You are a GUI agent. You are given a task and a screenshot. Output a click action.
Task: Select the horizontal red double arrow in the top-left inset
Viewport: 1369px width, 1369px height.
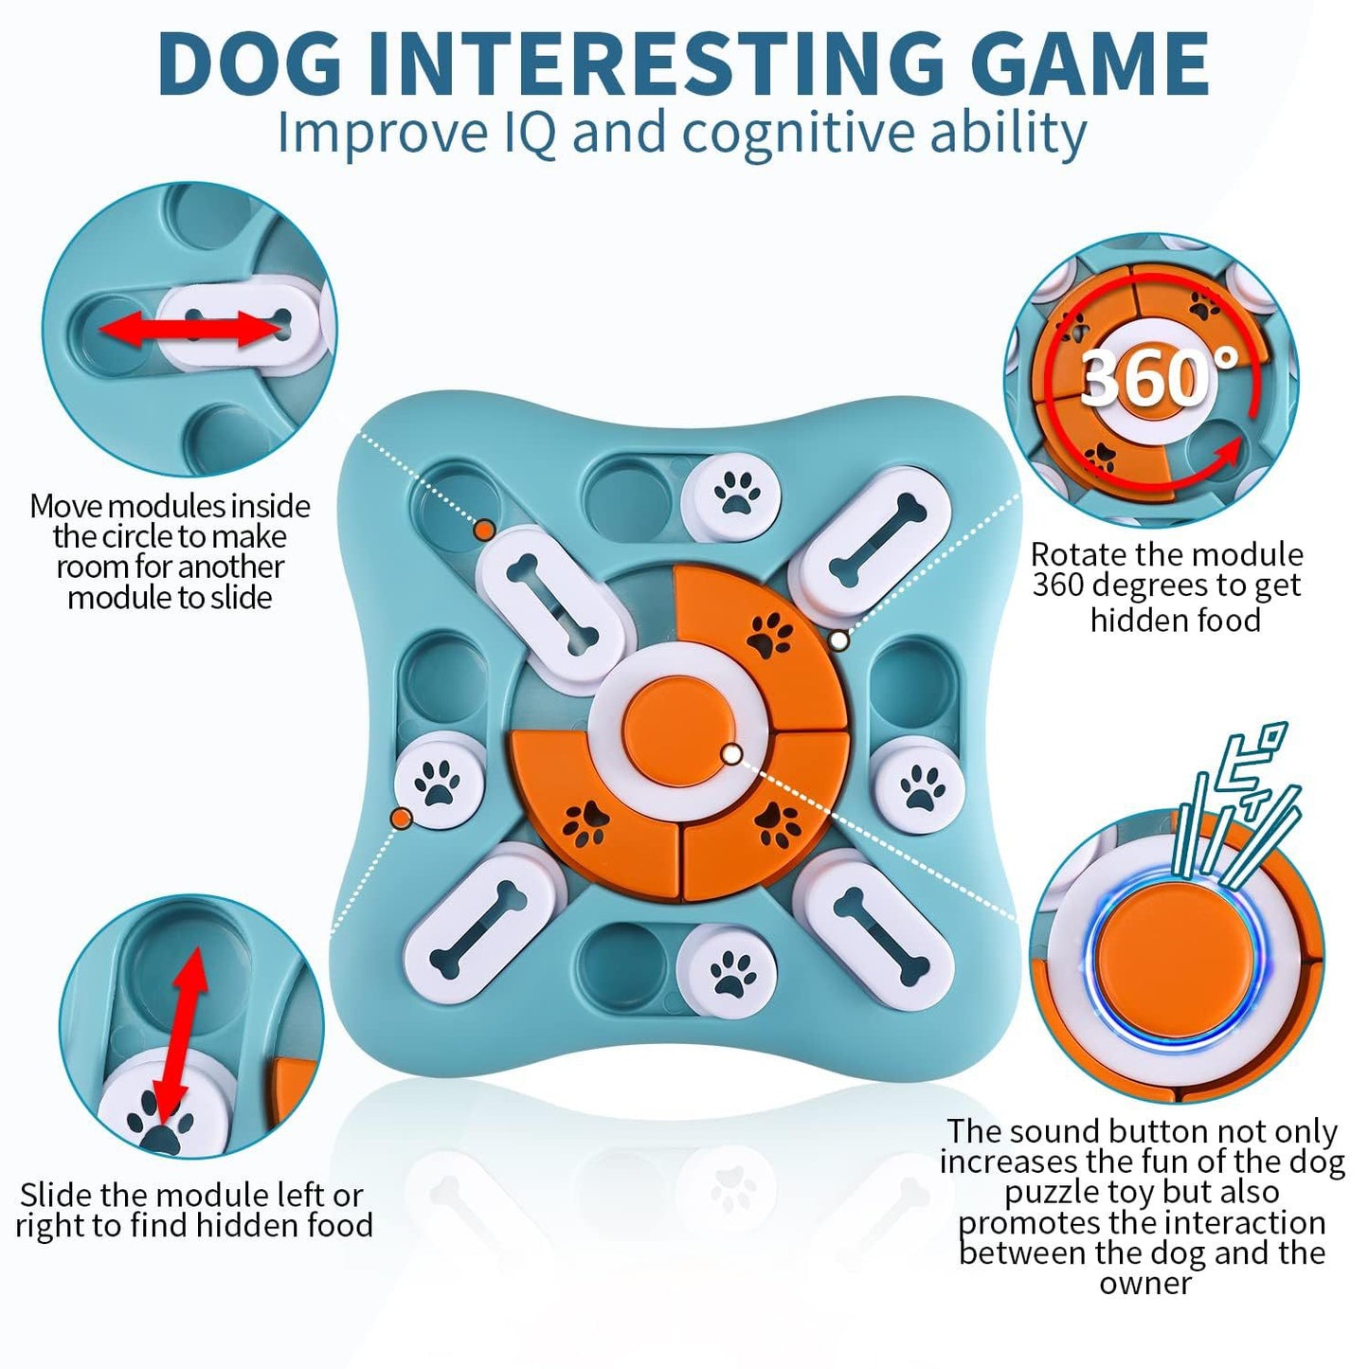coord(192,329)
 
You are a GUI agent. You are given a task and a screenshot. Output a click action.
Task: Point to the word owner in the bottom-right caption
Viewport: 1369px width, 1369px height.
coord(1144,1284)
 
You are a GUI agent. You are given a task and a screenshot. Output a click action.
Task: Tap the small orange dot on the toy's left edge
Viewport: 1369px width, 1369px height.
coord(401,817)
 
